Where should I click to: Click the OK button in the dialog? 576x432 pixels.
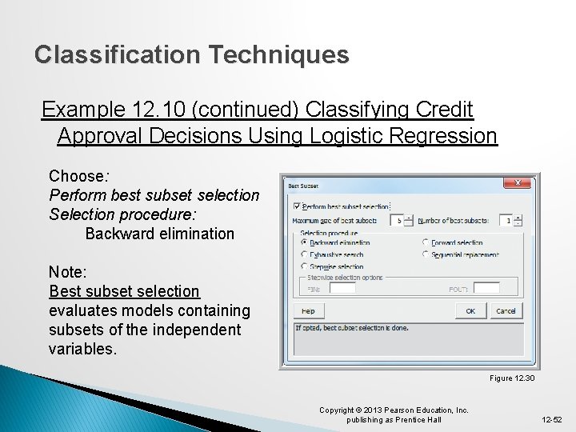pos(470,310)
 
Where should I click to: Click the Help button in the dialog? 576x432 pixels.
pos(308,310)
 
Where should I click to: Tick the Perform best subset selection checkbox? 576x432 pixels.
pos(298,206)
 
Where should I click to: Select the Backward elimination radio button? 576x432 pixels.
pos(304,242)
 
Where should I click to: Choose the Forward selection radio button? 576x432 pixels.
pos(426,242)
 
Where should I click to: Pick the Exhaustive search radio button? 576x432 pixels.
pos(304,254)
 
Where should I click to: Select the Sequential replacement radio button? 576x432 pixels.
pos(426,254)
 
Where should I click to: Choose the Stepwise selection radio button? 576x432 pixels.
pos(304,266)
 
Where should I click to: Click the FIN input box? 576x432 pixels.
pos(342,288)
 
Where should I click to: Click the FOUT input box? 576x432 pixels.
pos(486,288)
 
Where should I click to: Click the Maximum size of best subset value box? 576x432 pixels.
pos(397,220)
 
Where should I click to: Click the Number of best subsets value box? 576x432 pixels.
pos(506,220)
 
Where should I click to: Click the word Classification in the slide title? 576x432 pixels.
pos(118,54)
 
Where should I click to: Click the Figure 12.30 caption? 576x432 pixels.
pos(512,378)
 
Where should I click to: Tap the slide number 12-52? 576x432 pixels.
pos(551,419)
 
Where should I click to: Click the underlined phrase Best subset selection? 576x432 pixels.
pos(124,291)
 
